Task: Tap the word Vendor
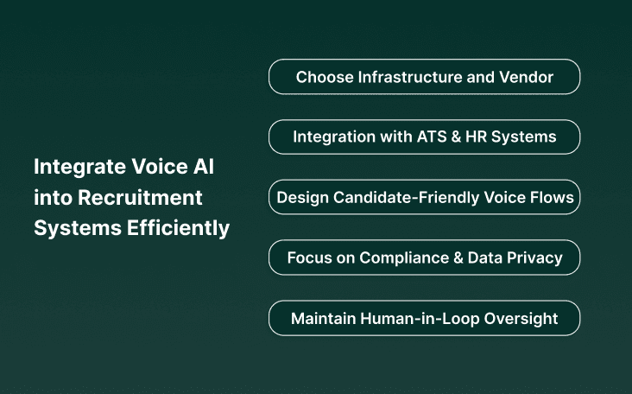526,77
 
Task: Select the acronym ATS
432,137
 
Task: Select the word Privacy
533,257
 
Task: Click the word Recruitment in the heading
141,198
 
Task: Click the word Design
301,197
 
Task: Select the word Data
483,257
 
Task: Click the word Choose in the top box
325,77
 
